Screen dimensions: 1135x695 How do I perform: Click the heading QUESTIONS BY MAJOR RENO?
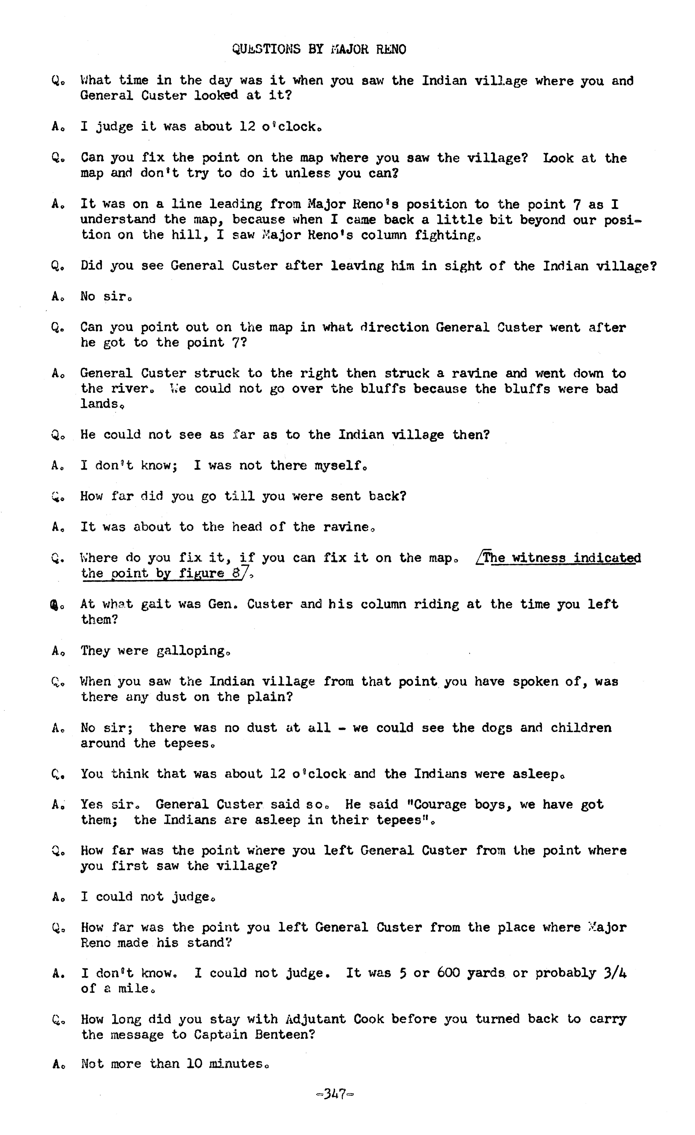click(x=319, y=49)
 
